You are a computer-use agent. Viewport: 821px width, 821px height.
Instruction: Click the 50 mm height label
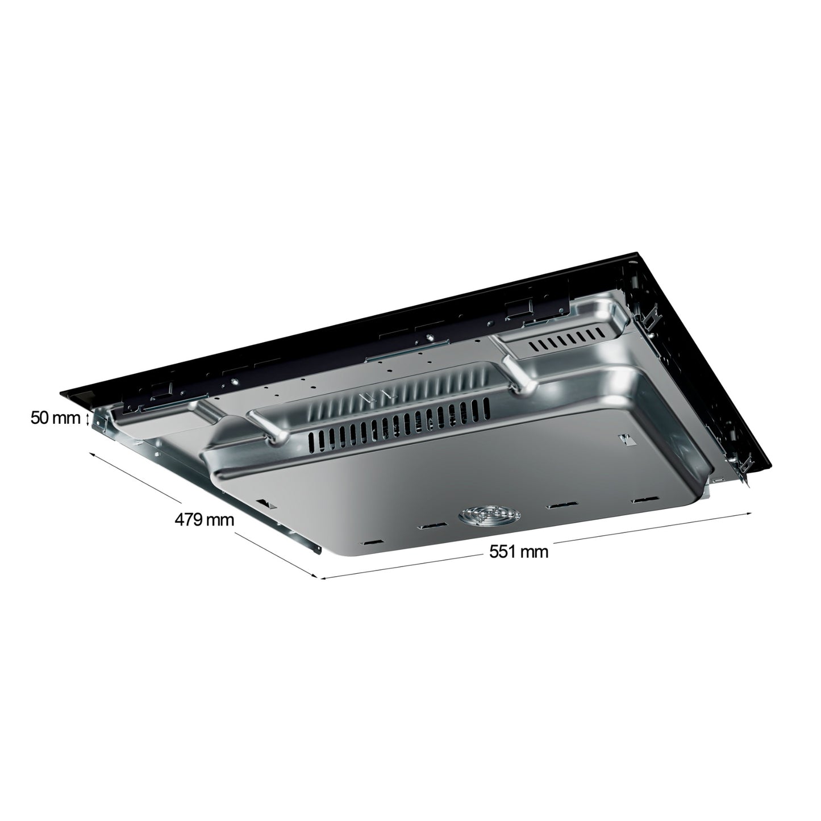click(55, 419)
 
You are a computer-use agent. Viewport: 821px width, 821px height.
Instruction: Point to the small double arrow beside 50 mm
click(87, 419)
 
